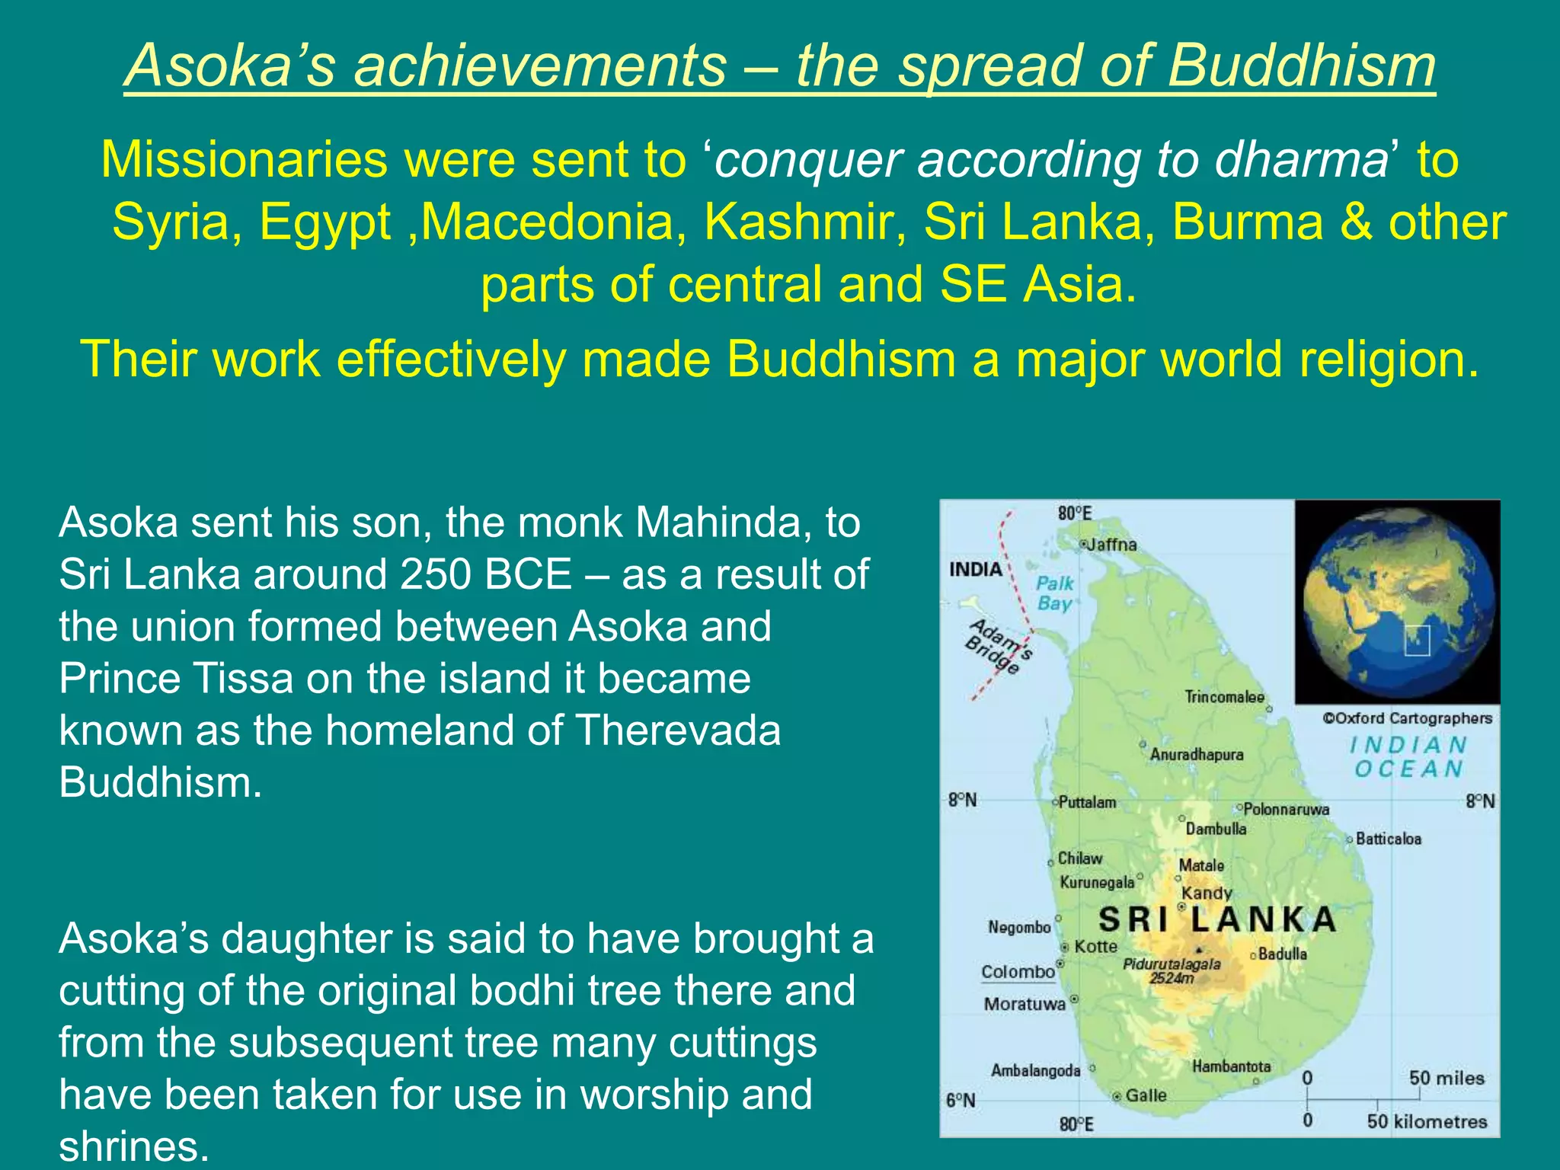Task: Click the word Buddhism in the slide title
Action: [x=1301, y=66]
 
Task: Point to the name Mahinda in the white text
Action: [x=724, y=523]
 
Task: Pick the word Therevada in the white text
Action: [x=677, y=730]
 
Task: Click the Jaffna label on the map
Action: [x=1112, y=545]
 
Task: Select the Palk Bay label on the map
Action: [x=1055, y=593]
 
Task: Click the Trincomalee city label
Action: [x=1224, y=697]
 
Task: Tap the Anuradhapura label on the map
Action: [x=1196, y=754]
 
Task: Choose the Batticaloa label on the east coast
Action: [x=1388, y=839]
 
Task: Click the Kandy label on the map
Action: [x=1207, y=893]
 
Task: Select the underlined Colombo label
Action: [x=1018, y=972]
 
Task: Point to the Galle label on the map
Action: [x=1146, y=1095]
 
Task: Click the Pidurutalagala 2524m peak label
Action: [x=1172, y=970]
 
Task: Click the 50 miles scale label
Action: [x=1446, y=1078]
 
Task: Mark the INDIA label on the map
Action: [x=975, y=570]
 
